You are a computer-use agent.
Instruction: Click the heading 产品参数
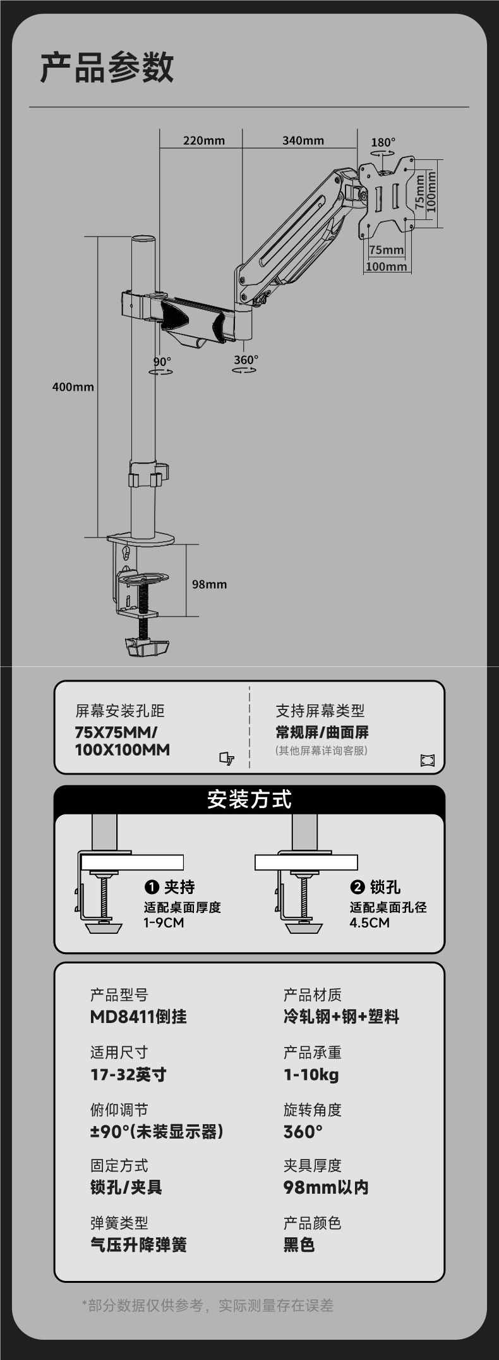[107, 68]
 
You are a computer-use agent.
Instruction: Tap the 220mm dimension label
[203, 140]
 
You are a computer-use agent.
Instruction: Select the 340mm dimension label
[303, 140]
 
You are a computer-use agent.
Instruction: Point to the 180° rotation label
[383, 143]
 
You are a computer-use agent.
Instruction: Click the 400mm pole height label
[73, 387]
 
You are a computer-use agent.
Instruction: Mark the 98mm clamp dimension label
[209, 584]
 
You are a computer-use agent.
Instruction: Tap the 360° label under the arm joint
[246, 360]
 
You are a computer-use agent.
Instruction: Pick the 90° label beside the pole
[162, 362]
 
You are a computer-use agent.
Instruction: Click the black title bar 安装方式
[249, 800]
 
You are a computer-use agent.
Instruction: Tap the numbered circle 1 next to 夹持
[152, 887]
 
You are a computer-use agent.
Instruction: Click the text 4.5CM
[370, 922]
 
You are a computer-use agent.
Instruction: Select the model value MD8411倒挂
[138, 1017]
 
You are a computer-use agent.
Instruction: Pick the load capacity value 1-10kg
[311, 1074]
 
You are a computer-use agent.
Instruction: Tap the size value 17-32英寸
[128, 1074]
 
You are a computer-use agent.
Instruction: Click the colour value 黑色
[299, 1245]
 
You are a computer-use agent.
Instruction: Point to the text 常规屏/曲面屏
[322, 732]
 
